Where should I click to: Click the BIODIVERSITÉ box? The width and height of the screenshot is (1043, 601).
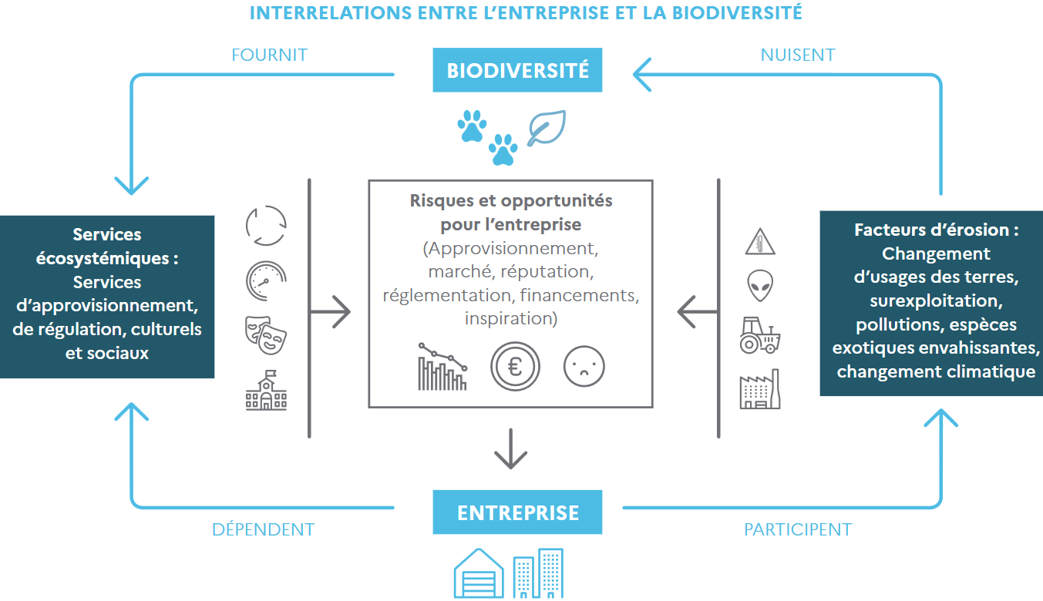(x=517, y=70)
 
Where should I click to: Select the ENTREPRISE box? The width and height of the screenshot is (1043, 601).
(x=517, y=512)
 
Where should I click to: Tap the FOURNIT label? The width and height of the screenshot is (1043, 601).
(x=269, y=55)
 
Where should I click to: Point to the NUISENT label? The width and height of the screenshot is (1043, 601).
(x=798, y=55)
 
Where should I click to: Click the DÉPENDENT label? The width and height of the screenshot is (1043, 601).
(x=263, y=529)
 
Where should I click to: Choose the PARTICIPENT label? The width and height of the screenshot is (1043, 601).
(x=798, y=529)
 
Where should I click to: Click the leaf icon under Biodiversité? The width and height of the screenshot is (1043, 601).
(x=547, y=128)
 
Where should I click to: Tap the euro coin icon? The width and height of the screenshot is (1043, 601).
(x=515, y=366)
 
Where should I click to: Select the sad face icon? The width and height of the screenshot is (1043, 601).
(x=584, y=366)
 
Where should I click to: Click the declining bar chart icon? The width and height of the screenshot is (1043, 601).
(x=442, y=366)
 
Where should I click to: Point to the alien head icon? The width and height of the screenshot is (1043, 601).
(x=760, y=285)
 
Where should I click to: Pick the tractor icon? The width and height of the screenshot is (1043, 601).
(x=760, y=335)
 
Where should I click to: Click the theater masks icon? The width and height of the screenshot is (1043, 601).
(x=266, y=335)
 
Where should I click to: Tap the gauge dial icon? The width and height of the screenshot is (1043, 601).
(x=266, y=280)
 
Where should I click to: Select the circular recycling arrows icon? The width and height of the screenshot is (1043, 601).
(x=266, y=225)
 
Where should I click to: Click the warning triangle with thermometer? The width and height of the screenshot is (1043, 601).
(x=760, y=242)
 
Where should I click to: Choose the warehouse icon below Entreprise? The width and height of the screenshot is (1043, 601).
(x=479, y=573)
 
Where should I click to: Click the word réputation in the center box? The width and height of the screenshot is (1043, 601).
(x=547, y=271)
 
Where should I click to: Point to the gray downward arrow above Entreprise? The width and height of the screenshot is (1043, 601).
(x=511, y=448)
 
